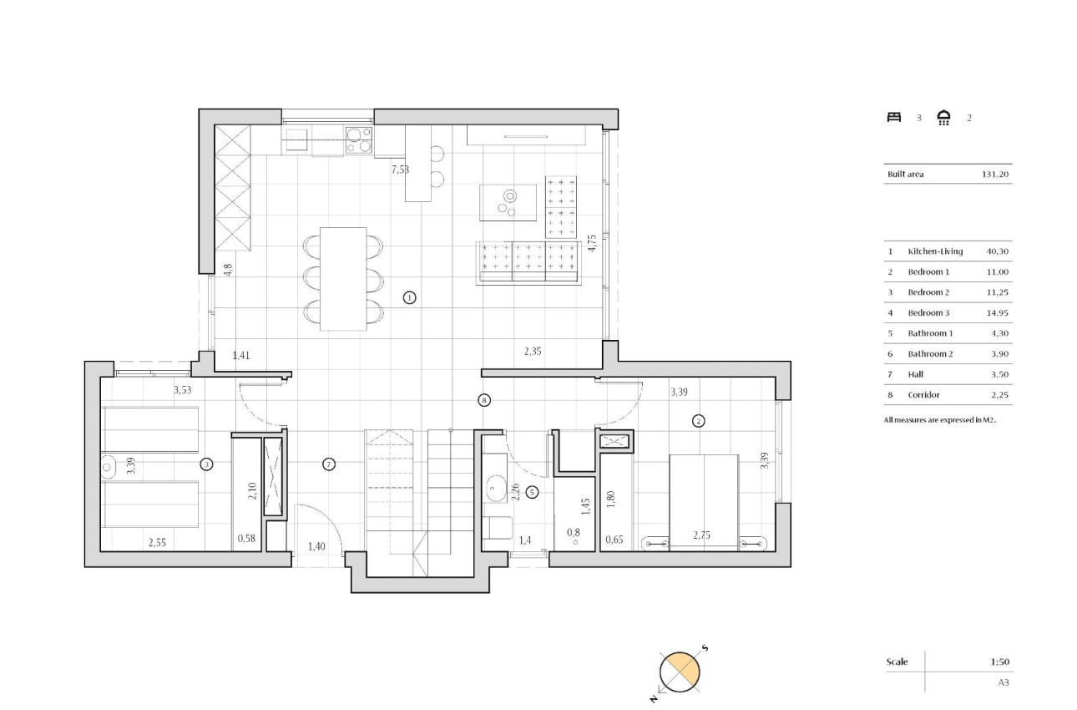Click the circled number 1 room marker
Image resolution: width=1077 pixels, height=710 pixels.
click(409, 297)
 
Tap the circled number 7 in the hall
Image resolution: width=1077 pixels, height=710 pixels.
click(328, 464)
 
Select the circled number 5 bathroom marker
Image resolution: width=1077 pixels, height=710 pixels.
click(532, 492)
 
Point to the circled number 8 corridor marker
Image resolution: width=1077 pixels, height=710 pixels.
click(484, 400)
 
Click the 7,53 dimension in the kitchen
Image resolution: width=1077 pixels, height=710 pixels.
click(401, 170)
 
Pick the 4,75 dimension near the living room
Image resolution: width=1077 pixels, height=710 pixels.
click(592, 242)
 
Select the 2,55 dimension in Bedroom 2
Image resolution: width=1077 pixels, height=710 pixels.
click(156, 543)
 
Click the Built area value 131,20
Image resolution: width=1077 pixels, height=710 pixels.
click(996, 175)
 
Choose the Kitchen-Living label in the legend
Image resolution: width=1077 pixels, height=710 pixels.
click(935, 251)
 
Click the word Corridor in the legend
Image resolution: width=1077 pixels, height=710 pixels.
click(924, 395)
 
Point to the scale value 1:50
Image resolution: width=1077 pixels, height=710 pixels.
click(1000, 662)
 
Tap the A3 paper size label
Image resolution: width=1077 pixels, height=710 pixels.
click(1004, 682)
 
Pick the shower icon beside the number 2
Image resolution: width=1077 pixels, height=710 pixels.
click(944, 118)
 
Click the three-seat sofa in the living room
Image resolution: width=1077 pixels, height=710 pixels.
click(528, 262)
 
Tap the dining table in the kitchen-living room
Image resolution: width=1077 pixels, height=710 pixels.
click(344, 278)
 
